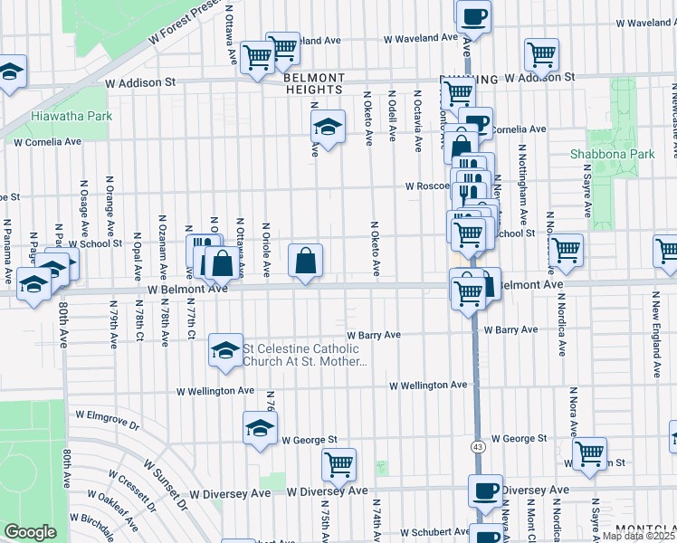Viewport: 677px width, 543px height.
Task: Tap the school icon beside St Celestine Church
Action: click(224, 350)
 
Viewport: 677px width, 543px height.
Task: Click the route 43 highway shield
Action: click(476, 446)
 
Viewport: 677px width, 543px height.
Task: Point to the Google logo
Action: click(30, 532)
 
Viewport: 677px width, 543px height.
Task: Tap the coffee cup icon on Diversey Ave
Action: click(485, 491)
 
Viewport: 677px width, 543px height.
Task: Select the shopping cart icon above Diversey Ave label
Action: click(338, 465)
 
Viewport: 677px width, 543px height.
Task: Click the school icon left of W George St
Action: click(260, 428)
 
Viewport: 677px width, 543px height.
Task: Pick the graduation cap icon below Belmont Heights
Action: click(328, 127)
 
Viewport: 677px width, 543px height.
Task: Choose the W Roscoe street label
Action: click(427, 186)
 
